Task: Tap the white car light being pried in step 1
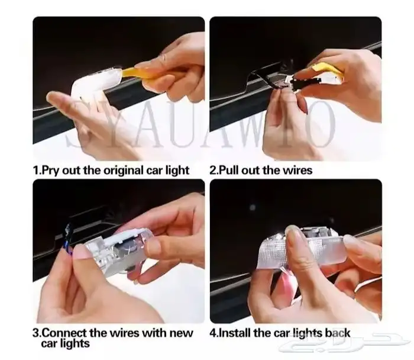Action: [x=95, y=82]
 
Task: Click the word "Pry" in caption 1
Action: [x=50, y=171]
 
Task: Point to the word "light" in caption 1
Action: [x=177, y=171]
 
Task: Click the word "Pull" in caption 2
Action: [x=229, y=170]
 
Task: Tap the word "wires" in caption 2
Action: [x=297, y=170]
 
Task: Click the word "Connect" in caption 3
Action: [x=64, y=333]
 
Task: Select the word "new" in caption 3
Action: [x=182, y=333]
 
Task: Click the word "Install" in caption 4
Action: [x=234, y=333]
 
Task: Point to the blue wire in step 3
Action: [x=69, y=239]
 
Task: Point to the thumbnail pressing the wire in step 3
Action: [x=80, y=251]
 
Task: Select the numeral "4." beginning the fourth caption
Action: [x=214, y=333]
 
